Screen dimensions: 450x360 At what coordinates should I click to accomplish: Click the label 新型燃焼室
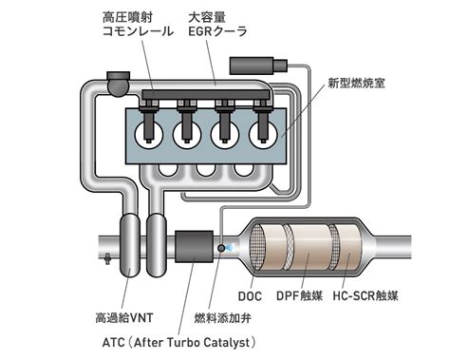[x=357, y=84]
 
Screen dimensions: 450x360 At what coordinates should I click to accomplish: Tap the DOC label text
[x=250, y=296]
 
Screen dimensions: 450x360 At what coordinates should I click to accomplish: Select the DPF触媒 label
[x=299, y=295]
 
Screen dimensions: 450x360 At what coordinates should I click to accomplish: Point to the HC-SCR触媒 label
[x=366, y=295]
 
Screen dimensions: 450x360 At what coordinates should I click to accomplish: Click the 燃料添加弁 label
[x=223, y=317]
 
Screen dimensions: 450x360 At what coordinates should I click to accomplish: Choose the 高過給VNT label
[x=124, y=317]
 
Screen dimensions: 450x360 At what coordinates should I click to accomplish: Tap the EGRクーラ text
[x=217, y=31]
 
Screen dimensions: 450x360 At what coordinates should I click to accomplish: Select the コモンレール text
[x=138, y=31]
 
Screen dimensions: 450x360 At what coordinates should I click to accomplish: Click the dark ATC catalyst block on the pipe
[x=194, y=246]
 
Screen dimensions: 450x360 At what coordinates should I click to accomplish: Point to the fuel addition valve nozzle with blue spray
[x=222, y=248]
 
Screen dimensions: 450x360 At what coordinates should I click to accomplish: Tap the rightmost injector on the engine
[x=263, y=122]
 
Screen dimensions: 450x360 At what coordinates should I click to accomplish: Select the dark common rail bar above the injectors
[x=206, y=94]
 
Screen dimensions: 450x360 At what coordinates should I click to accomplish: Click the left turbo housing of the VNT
[x=130, y=245]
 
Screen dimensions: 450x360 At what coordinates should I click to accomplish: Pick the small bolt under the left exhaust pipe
[x=107, y=258]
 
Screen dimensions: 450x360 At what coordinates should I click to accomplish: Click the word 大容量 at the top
[x=207, y=17]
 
